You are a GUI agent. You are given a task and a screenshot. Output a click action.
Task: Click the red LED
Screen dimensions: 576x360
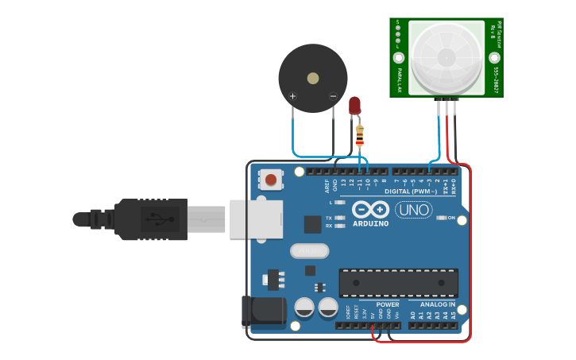[x=354, y=105]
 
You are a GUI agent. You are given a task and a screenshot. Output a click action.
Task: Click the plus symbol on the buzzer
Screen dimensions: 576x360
[x=292, y=97]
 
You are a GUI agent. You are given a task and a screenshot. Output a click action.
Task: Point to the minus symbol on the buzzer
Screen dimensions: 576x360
[x=333, y=96]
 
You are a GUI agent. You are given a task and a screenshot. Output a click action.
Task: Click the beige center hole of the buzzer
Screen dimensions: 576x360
[x=313, y=79]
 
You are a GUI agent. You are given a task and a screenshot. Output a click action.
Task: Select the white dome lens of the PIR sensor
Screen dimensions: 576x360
[x=446, y=57]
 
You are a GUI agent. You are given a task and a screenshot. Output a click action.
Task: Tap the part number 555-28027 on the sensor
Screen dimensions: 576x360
[x=495, y=80]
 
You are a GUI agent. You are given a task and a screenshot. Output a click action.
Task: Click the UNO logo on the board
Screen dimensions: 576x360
[x=413, y=210]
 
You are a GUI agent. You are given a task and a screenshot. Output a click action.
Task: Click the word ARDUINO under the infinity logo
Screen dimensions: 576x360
[x=371, y=224]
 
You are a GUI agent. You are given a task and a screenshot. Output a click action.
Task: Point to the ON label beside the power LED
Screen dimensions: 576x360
[x=451, y=218]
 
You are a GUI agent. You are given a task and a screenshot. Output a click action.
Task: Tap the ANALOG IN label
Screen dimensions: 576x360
[x=439, y=304]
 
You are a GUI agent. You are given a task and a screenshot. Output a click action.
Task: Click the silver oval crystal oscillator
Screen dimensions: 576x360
[x=309, y=251]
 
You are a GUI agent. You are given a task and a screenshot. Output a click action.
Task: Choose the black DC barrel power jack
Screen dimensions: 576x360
[x=264, y=312]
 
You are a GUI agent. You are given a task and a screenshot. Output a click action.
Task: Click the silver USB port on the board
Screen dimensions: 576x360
[x=256, y=219]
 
